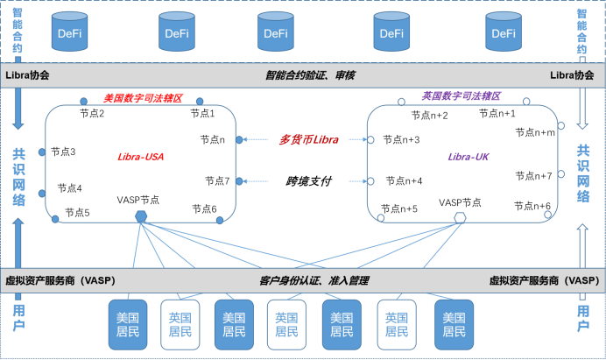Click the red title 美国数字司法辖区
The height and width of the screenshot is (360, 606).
(x=142, y=99)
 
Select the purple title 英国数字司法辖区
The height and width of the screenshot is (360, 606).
(x=461, y=97)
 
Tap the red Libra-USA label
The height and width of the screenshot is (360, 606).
(x=141, y=158)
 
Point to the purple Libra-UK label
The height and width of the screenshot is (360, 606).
(x=469, y=156)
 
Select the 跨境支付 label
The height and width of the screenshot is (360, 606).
(x=309, y=181)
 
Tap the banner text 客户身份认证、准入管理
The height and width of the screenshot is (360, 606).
(x=314, y=280)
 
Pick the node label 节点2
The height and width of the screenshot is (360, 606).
(x=92, y=113)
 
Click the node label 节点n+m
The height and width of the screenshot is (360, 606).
(x=535, y=132)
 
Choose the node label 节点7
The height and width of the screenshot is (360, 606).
(x=217, y=180)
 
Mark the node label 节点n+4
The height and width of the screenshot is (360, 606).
(x=403, y=180)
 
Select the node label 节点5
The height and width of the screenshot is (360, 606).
(x=77, y=212)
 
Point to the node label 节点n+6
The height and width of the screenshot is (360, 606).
(x=532, y=206)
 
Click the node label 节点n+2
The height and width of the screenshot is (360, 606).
(x=429, y=116)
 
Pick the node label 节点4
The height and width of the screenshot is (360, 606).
(x=70, y=187)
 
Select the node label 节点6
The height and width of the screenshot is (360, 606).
(x=204, y=208)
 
